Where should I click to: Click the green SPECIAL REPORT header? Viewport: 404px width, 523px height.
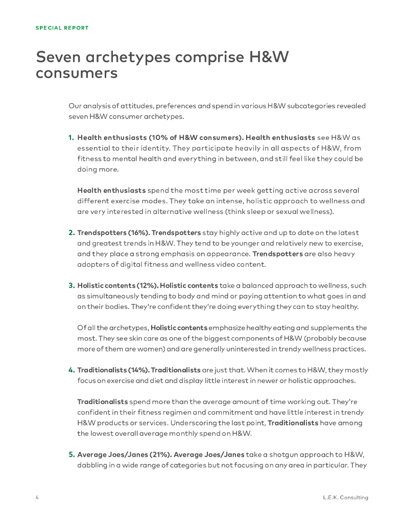pyautogui.click(x=62, y=28)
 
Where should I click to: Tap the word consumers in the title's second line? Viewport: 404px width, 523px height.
pyautogui.click(x=77, y=73)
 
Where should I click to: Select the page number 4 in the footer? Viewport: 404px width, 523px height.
pyautogui.click(x=37, y=497)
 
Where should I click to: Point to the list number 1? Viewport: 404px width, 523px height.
pyautogui.click(x=71, y=138)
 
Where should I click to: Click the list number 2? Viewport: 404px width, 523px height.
pyautogui.click(x=71, y=233)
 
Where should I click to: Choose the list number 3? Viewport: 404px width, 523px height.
pyautogui.click(x=71, y=286)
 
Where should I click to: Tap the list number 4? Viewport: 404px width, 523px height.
pyautogui.click(x=71, y=370)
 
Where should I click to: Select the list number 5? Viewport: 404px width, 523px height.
pyautogui.click(x=71, y=454)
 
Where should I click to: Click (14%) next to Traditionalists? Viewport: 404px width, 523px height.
pyautogui.click(x=139, y=370)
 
